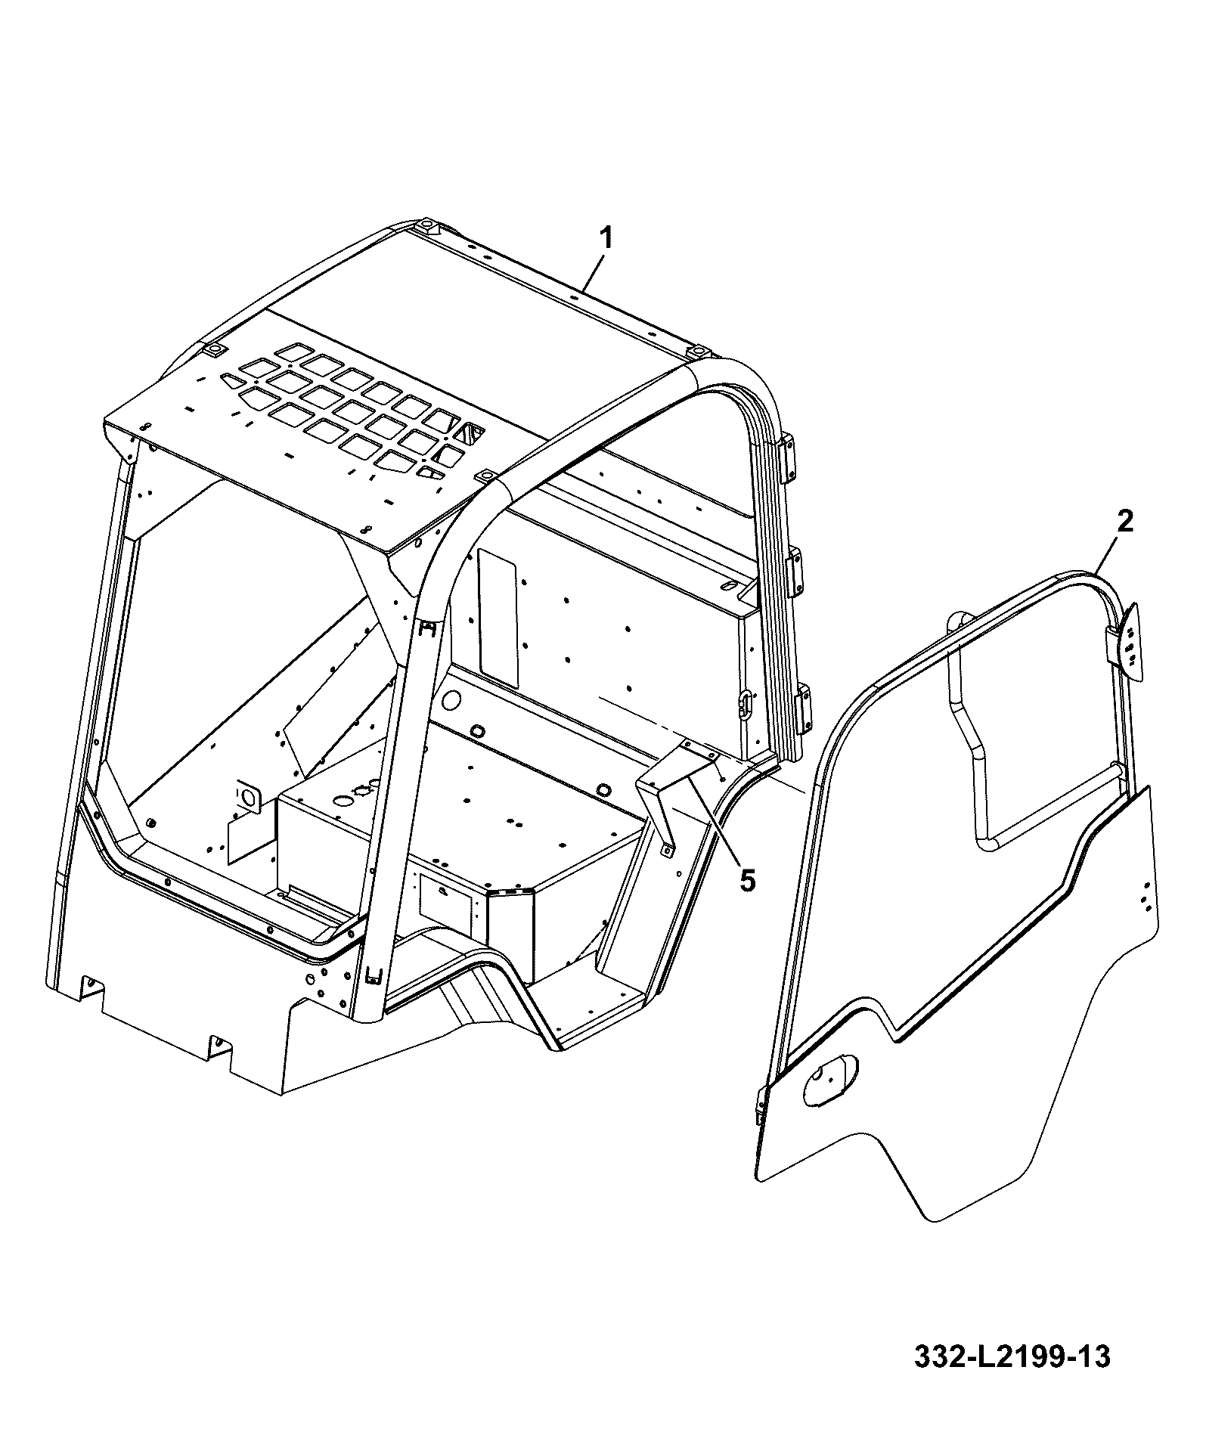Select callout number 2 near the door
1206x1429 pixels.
coord(1125,522)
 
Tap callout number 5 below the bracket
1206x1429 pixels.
coord(747,880)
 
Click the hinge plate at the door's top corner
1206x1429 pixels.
coord(1127,640)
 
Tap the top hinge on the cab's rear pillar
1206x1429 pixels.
coord(788,457)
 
